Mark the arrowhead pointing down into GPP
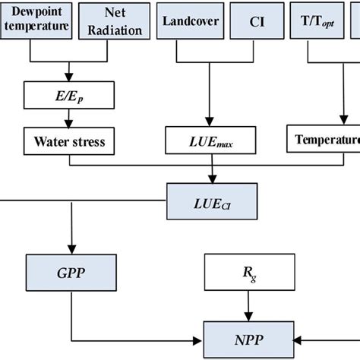(x=72, y=250)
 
